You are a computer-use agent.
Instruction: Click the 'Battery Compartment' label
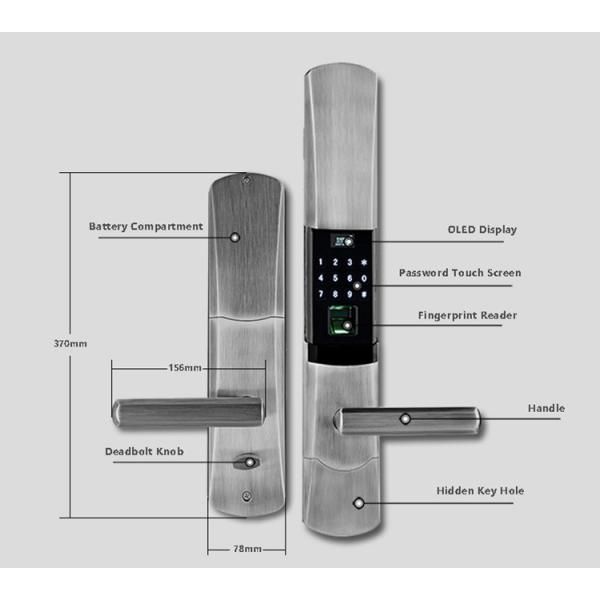[x=146, y=227]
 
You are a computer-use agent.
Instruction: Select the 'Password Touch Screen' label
[x=460, y=273]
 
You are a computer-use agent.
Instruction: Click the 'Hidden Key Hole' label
[x=480, y=491]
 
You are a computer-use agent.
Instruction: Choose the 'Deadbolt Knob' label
[x=145, y=452]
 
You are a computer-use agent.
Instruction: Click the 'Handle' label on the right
[x=546, y=408]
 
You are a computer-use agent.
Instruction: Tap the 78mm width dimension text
[x=246, y=549]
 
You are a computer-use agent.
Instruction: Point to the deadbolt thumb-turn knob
[x=245, y=463]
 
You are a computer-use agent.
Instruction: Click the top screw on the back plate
[x=245, y=182]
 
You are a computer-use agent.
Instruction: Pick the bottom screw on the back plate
[x=246, y=496]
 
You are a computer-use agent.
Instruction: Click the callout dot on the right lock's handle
[x=405, y=420]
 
